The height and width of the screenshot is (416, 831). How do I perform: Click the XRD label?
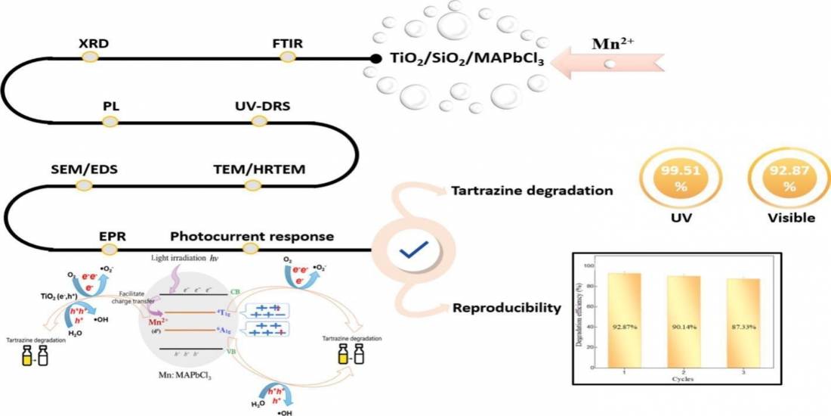[x=94, y=43]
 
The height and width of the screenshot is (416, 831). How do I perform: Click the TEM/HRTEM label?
[x=260, y=168]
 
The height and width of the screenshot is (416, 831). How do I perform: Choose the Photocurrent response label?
[x=252, y=236]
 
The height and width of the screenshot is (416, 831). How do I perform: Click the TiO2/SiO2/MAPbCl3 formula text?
[x=467, y=57]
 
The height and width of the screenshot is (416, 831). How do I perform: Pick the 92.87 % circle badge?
[x=779, y=179]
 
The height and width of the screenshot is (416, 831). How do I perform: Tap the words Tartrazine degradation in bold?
[x=531, y=191]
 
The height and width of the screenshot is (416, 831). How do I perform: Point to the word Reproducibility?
[x=507, y=308]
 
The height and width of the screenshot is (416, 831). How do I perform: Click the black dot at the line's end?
[x=375, y=58]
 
